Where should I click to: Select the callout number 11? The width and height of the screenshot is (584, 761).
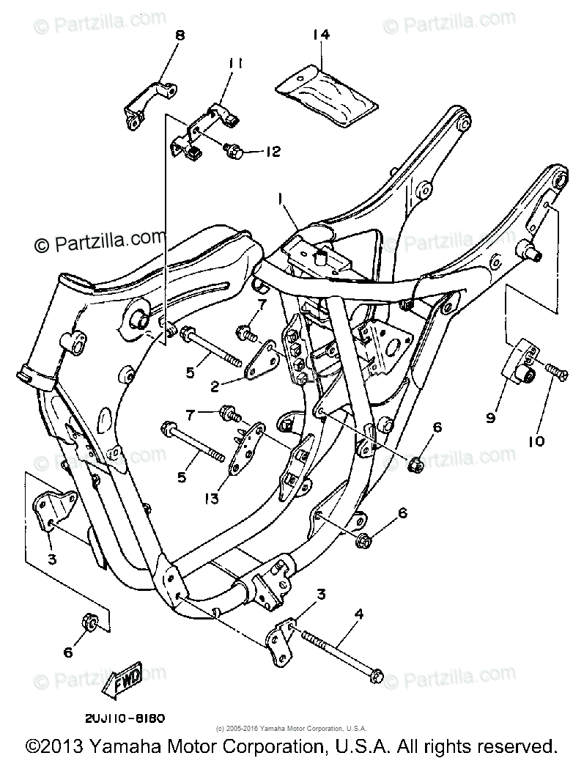coord(234,64)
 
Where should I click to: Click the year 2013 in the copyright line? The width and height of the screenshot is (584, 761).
coord(63,746)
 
